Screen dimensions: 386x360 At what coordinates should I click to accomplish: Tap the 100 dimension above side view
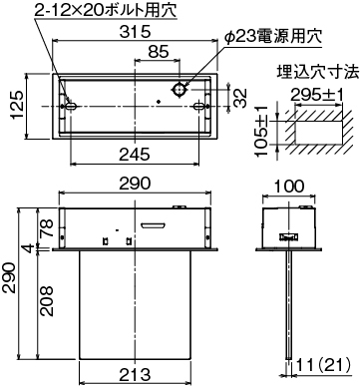pos(289,187)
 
